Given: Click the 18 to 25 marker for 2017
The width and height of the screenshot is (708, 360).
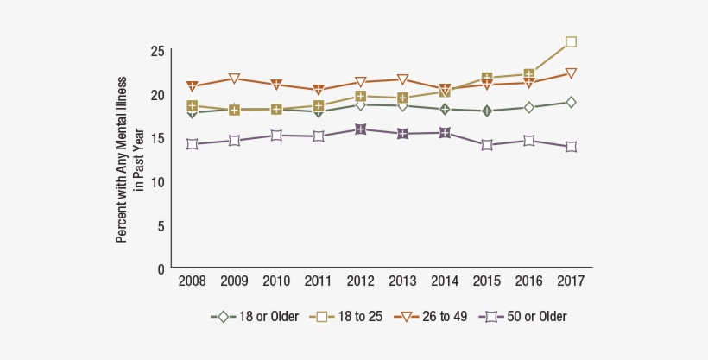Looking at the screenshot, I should [571, 41].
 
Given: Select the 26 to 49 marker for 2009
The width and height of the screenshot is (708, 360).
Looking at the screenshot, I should [234, 79].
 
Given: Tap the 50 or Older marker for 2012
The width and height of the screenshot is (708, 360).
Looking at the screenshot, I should [360, 129].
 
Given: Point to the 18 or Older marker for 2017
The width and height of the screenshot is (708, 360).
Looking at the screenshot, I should [571, 103].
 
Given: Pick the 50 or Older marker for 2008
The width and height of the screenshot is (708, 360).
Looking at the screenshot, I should [192, 144].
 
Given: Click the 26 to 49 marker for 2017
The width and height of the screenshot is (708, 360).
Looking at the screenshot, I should [571, 73].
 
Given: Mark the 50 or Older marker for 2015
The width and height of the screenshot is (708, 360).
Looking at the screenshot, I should [487, 145].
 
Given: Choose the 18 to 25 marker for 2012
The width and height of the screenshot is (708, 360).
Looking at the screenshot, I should [360, 97].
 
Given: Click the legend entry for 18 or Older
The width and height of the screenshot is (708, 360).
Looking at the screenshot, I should [255, 317].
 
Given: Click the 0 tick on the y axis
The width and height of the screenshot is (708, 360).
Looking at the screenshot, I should [161, 269].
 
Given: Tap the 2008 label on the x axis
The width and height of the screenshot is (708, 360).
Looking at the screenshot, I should [192, 281].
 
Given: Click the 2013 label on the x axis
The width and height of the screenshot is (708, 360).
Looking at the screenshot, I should [402, 281].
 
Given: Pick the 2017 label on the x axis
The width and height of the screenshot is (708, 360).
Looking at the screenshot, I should [571, 281].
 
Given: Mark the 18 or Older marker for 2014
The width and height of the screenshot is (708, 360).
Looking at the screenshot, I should [445, 109].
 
